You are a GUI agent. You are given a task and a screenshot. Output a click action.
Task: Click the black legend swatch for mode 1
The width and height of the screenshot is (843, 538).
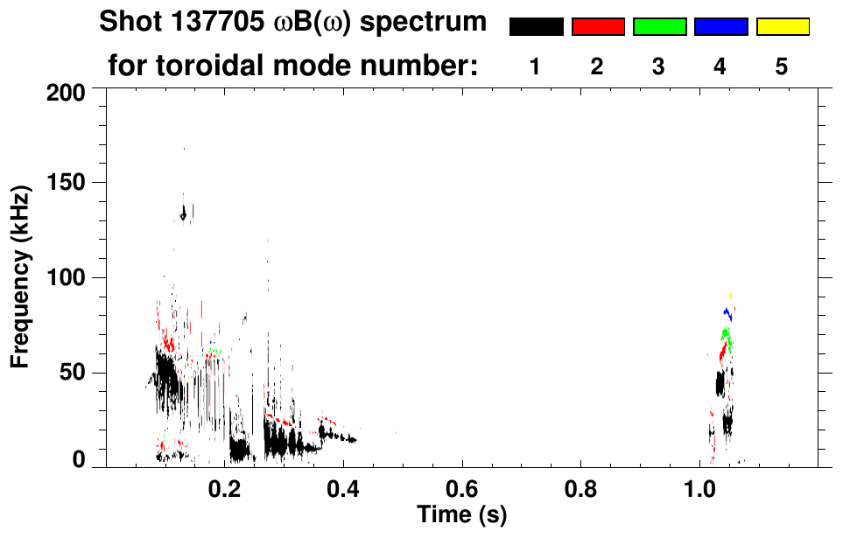pos(536,27)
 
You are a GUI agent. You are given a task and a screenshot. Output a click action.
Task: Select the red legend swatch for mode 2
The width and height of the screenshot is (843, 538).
pos(598,27)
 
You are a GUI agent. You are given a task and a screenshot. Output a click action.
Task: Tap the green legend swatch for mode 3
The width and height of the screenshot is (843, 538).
pos(659,27)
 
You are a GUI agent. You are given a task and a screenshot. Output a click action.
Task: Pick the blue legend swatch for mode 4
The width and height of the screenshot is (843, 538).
pos(720,27)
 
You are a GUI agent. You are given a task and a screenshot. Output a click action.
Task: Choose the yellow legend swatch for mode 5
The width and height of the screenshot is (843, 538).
pos(782,27)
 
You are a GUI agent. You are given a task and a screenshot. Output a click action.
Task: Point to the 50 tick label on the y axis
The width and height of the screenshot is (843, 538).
pos(73,374)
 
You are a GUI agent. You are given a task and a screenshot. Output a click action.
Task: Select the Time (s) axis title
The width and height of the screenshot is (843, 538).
pos(461,514)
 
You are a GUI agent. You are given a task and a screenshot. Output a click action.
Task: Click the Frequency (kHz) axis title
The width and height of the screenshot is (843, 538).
pos(19,276)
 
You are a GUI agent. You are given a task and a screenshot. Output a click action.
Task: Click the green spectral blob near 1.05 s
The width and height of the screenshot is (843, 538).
pos(726,335)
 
